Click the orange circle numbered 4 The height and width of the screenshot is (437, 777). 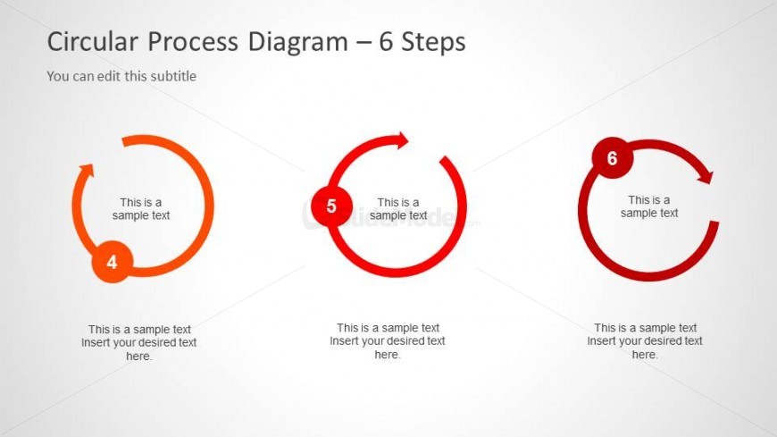click(113, 262)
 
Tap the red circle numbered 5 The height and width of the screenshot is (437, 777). click(331, 206)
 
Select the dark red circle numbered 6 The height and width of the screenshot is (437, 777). click(613, 158)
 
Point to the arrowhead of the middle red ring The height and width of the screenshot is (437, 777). click(400, 140)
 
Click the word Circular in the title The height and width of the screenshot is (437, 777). click(93, 42)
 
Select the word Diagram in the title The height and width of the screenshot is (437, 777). click(297, 43)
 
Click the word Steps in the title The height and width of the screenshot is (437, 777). click(433, 43)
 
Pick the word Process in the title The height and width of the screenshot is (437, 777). click(193, 42)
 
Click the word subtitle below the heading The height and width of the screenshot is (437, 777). click(173, 76)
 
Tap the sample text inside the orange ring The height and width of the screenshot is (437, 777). click(141, 209)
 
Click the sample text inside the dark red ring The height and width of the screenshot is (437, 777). click(649, 206)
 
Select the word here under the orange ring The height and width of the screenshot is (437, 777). click(138, 357)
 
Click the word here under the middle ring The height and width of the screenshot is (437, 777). click(388, 355)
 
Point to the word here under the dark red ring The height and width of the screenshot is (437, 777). click(645, 355)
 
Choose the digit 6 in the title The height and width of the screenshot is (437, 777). click(386, 42)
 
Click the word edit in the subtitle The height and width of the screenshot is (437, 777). click(109, 76)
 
